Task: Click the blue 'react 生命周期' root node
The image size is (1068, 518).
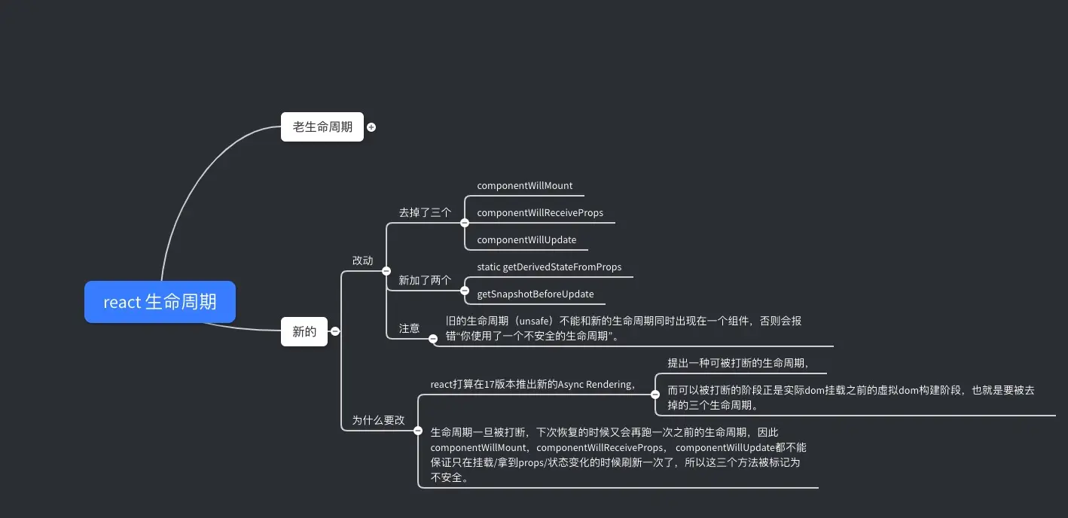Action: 160,302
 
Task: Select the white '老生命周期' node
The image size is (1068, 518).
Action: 322,126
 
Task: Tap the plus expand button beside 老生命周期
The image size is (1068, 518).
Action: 371,127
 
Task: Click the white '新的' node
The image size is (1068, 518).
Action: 304,331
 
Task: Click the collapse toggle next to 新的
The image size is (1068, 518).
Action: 335,331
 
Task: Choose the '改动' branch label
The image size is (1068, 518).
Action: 362,261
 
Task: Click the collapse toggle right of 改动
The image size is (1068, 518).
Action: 386,270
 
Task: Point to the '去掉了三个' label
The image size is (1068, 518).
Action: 425,212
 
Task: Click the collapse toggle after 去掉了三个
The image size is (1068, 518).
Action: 465,223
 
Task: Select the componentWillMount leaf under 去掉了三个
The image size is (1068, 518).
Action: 525,186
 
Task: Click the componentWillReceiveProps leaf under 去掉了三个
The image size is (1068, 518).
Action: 540,213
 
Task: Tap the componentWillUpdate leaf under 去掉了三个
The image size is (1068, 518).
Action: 526,240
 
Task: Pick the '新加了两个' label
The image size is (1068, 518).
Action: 425,281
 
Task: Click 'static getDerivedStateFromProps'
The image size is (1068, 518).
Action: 549,267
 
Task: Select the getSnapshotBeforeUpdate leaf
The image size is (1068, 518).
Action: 536,294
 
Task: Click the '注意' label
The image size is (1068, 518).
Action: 409,328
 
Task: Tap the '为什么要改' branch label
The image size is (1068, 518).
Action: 378,420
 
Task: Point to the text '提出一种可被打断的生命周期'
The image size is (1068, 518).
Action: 737,363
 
